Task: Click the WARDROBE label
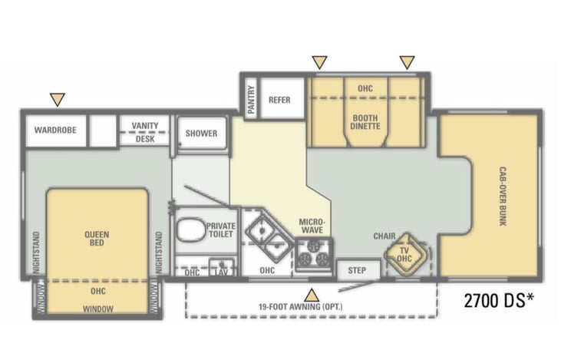point(55,130)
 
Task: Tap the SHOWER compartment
point(202,134)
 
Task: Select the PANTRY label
point(251,99)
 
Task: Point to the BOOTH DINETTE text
point(365,122)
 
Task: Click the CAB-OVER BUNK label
point(503,196)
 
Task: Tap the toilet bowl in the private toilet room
point(191,230)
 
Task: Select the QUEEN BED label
point(97,239)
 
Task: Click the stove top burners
point(314,254)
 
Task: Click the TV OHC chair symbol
point(405,254)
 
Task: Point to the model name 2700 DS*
point(499,300)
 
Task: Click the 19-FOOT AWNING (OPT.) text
point(301,307)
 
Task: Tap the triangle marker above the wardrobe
point(58,99)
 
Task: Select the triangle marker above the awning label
point(312,296)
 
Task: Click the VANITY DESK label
point(145,132)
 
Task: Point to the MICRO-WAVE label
point(312,226)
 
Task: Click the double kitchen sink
point(270,236)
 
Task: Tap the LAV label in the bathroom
point(221,272)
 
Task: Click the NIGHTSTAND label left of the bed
point(36,253)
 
